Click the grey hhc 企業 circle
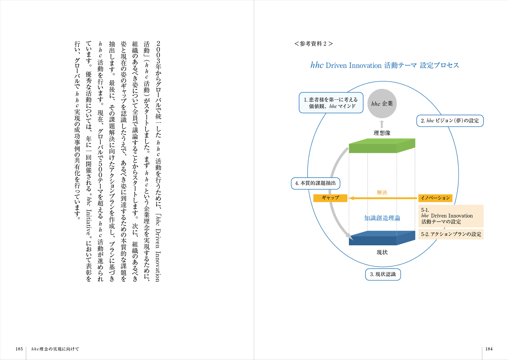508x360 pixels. [382, 103]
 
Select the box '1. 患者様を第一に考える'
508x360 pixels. [331, 103]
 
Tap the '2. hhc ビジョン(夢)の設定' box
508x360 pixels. [450, 121]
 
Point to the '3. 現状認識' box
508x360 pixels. [383, 274]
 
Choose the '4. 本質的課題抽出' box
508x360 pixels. [315, 183]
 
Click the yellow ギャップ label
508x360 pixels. [330, 198]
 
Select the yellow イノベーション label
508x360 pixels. [435, 198]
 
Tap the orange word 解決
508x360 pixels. [382, 192]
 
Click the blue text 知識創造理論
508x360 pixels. [382, 218]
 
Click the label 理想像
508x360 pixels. [382, 133]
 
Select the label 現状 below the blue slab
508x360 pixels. [382, 252]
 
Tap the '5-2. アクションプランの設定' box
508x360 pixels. [451, 234]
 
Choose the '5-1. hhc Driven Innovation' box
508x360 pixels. [451, 216]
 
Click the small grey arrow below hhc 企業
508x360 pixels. [382, 124]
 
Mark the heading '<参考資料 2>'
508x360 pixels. [314, 44]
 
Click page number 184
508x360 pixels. [489, 349]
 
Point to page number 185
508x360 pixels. [19, 349]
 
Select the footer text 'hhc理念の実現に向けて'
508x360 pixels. [55, 349]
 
